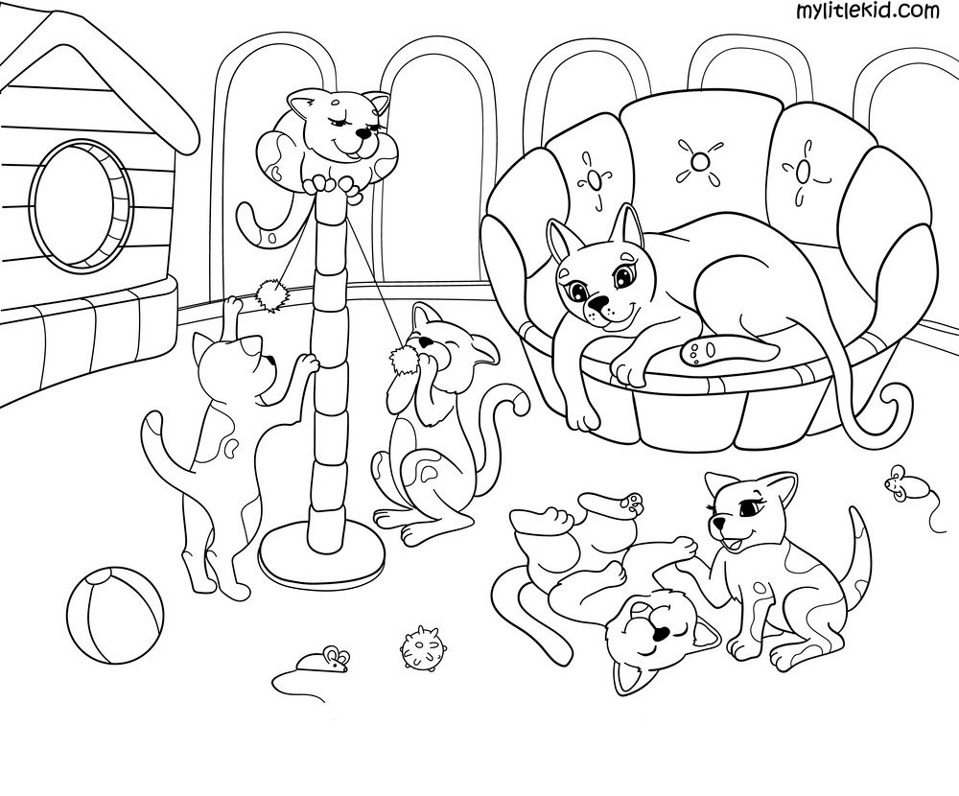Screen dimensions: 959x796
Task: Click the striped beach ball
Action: tap(116, 614)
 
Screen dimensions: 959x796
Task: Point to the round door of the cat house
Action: tap(82, 205)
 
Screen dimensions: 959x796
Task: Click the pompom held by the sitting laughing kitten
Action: tap(403, 361)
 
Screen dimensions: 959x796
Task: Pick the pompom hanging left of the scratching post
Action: tap(269, 295)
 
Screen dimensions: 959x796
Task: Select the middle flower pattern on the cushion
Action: tap(696, 161)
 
